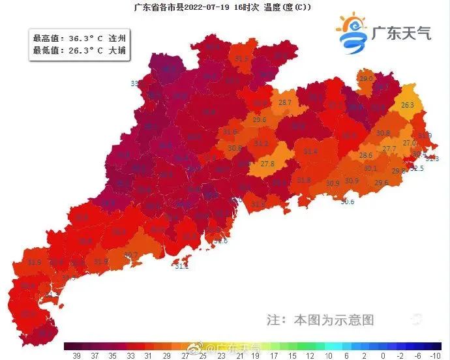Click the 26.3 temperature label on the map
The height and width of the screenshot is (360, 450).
tap(408, 106)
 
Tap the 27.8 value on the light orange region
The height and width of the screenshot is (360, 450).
tap(267, 164)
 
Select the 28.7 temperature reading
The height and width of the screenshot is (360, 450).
tap(285, 103)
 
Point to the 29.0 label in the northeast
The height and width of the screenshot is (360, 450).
tap(366, 79)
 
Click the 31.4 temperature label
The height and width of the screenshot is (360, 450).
tap(311, 151)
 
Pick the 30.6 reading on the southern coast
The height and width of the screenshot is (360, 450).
tap(348, 202)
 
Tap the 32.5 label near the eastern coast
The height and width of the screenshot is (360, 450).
tap(417, 168)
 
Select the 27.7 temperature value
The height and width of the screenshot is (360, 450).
tap(389, 149)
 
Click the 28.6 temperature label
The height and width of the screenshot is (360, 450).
tap(366, 156)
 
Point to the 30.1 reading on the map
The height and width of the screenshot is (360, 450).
tap(371, 168)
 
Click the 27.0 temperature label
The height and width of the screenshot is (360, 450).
tap(410, 143)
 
